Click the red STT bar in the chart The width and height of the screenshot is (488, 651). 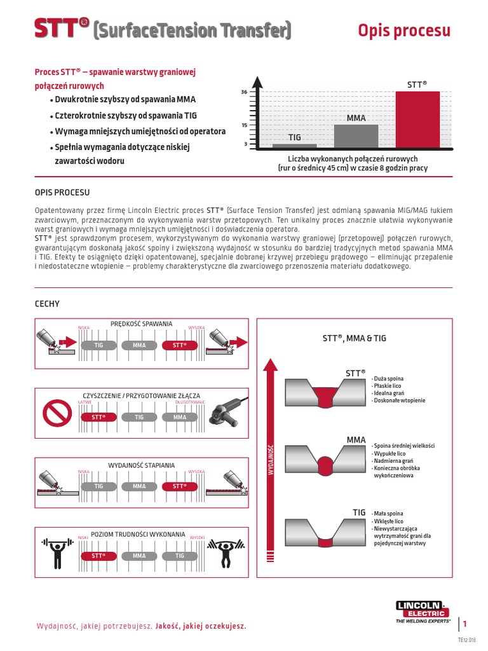(417, 120)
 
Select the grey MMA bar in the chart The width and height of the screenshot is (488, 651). (356, 136)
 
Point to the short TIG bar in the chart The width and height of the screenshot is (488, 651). (294, 146)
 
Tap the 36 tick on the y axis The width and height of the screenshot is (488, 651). (244, 92)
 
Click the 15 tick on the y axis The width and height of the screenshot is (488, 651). (244, 125)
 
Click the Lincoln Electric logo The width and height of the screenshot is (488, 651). (423, 611)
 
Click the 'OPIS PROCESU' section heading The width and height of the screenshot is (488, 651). (62, 192)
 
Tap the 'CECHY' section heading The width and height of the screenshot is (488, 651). (47, 305)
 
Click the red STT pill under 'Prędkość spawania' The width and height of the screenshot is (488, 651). (180, 345)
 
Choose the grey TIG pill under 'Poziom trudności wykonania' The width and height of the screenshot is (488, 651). (180, 556)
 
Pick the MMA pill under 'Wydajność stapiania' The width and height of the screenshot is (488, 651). (139, 486)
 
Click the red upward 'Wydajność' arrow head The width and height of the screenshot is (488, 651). (271, 366)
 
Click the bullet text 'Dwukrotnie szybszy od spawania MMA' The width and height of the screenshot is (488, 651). (125, 100)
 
